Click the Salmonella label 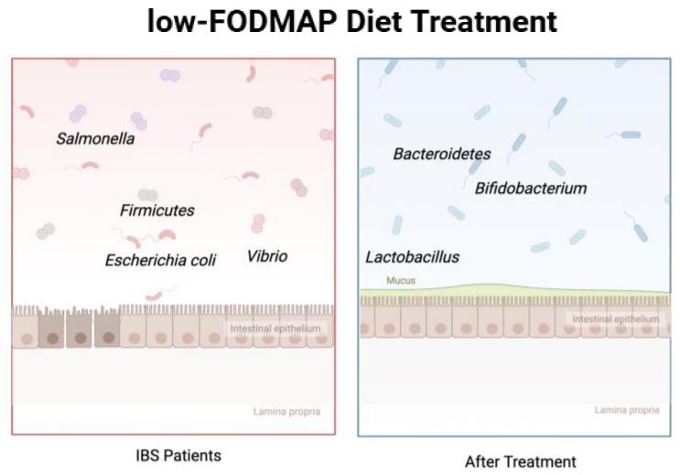[x=95, y=139]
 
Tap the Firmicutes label [x=157, y=211]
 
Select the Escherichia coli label [x=160, y=260]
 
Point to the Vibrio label [x=266, y=256]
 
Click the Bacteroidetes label [x=442, y=154]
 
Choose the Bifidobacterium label [x=531, y=189]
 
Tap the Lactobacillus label [x=412, y=257]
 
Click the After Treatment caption [x=520, y=461]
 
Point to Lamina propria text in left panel [x=286, y=412]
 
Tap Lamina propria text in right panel [x=627, y=410]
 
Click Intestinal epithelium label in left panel [x=275, y=328]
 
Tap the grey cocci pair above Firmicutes [x=147, y=195]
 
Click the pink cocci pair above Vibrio [x=259, y=223]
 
